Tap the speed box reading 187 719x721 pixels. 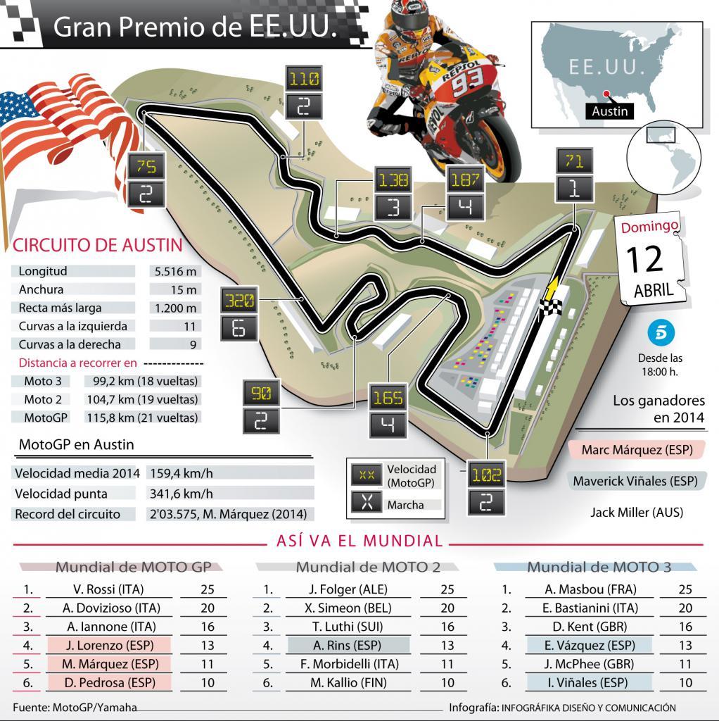pos(464,180)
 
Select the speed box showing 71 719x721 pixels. pos(575,161)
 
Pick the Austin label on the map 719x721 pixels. pos(609,111)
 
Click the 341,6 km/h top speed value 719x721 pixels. pos(181,494)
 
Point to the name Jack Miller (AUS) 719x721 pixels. pos(637,512)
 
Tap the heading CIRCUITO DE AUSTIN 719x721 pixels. pos(98,245)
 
